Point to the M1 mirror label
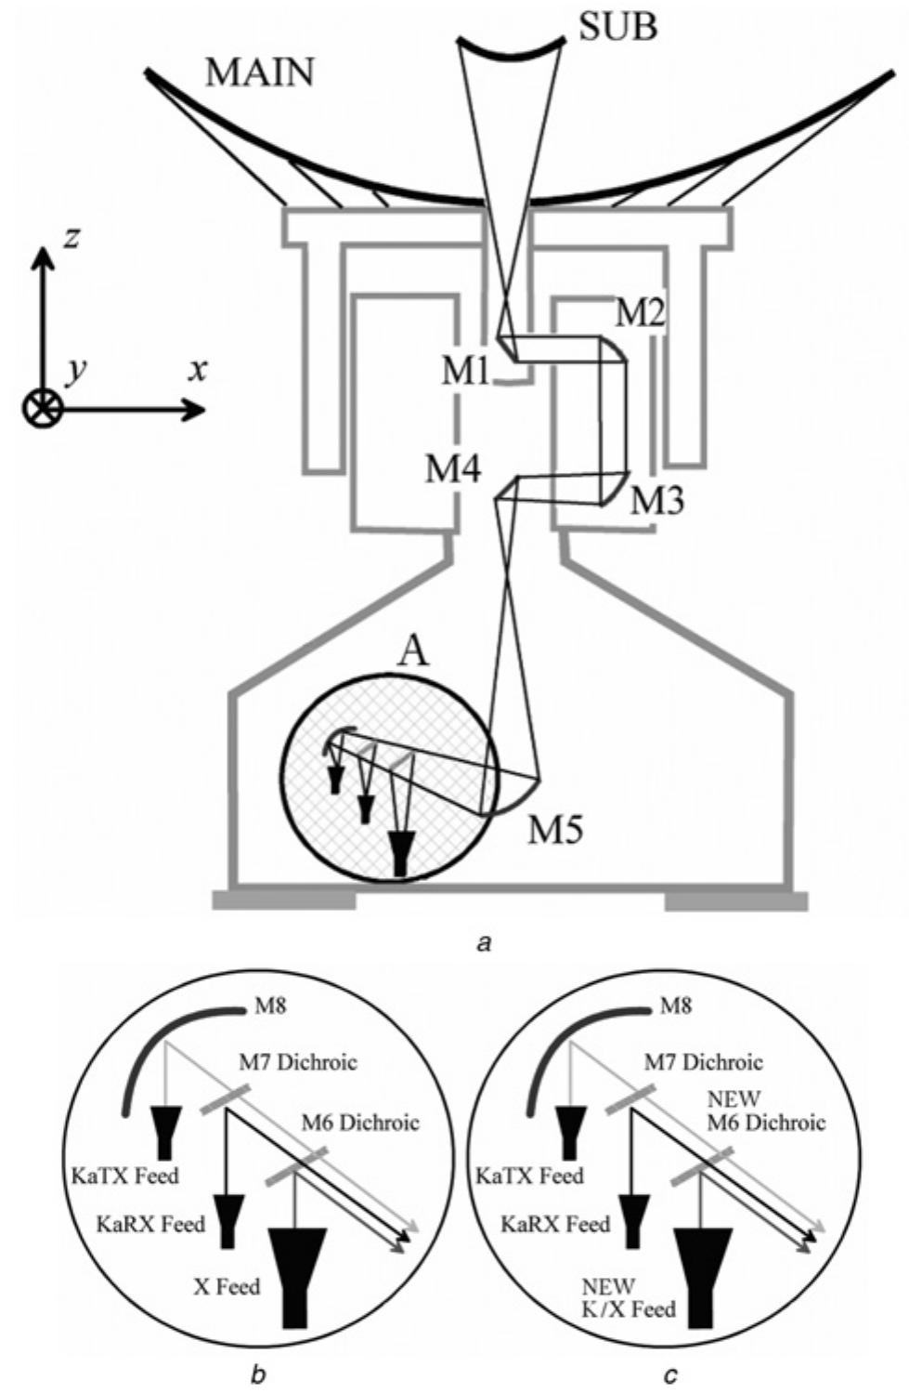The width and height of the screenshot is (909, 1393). [465, 372]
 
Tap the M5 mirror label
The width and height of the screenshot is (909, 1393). [555, 829]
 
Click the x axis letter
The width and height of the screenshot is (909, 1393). [198, 370]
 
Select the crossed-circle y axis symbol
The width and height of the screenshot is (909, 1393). [43, 408]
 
